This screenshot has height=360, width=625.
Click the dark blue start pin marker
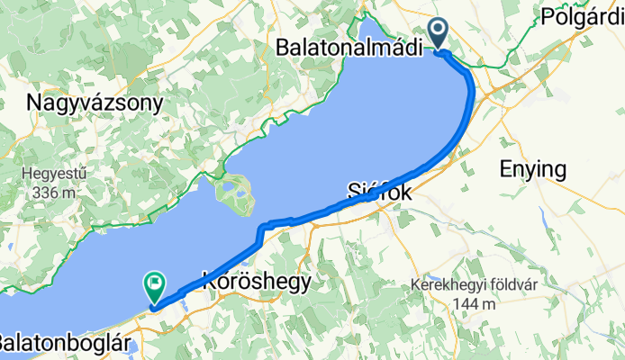tap(439, 33)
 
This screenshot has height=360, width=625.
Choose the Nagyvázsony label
tap(95, 103)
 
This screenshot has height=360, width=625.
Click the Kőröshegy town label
tap(258, 282)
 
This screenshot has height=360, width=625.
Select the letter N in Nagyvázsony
tap(35, 103)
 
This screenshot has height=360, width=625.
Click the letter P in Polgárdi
tap(547, 17)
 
